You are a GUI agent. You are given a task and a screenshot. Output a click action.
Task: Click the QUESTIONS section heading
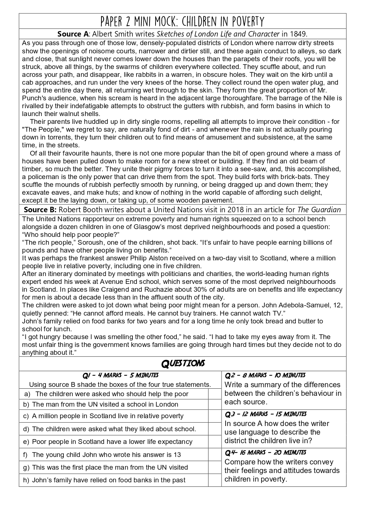point(183,363)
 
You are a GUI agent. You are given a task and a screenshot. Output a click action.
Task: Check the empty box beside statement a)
point(214,394)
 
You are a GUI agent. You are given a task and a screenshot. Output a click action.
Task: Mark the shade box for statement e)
point(214,442)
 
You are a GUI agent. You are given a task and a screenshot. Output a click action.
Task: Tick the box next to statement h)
point(214,480)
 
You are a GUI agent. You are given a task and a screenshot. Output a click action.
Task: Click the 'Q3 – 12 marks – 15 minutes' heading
point(266,414)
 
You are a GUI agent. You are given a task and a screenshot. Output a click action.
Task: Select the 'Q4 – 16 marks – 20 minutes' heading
point(266,452)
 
